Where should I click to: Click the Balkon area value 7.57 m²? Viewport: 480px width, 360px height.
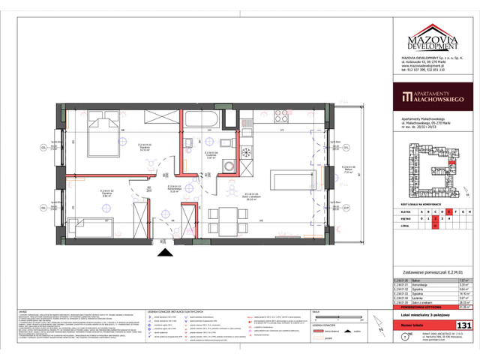click(464, 279)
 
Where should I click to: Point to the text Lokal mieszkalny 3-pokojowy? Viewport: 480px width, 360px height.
click(434, 316)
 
